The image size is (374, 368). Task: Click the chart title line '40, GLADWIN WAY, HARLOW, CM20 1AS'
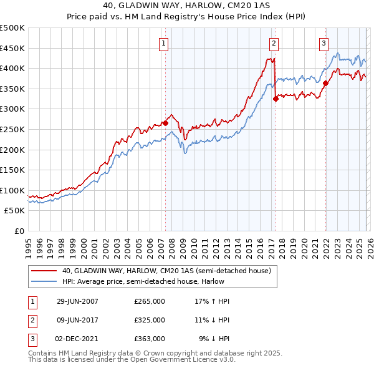click(186, 6)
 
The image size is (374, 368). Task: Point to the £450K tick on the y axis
click(12, 48)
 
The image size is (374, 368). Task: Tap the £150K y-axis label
click(12, 170)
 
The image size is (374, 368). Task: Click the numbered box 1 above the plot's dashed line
click(163, 43)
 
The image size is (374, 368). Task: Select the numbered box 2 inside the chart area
click(274, 43)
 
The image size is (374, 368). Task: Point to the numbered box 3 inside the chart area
click(324, 43)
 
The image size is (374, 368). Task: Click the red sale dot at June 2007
click(166, 123)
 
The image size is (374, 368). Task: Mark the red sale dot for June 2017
click(276, 99)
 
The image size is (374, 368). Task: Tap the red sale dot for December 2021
click(325, 83)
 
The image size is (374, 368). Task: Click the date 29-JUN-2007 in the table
click(77, 301)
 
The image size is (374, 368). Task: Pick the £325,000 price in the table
click(150, 320)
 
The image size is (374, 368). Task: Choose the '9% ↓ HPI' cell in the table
click(214, 339)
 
